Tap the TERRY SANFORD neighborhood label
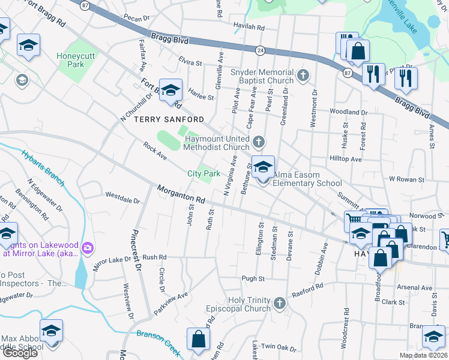[x=169, y=119]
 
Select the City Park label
[x=203, y=173]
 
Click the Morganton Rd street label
[x=181, y=194]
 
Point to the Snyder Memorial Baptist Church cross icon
[x=304, y=76]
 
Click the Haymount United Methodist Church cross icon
[x=259, y=142]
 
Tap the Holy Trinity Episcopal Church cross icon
[x=279, y=304]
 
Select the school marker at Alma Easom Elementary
[x=263, y=168]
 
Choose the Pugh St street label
[x=253, y=278]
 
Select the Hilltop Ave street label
[x=346, y=160]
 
